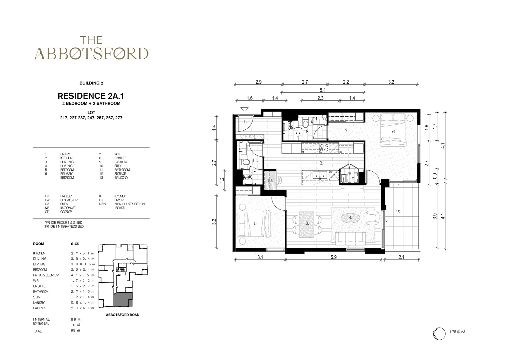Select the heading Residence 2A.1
point(91,96)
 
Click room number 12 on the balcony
point(398,212)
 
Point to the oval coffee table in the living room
point(350,218)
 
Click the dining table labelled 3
point(307,224)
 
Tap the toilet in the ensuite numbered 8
point(305,124)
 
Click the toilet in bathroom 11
point(246,162)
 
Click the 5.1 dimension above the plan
point(322,90)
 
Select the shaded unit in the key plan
point(123,299)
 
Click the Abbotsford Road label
point(122,315)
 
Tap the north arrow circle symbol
point(439,334)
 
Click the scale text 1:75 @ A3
point(457,332)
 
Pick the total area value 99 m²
point(76,331)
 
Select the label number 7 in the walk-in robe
point(346,130)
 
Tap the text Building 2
point(91,83)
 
